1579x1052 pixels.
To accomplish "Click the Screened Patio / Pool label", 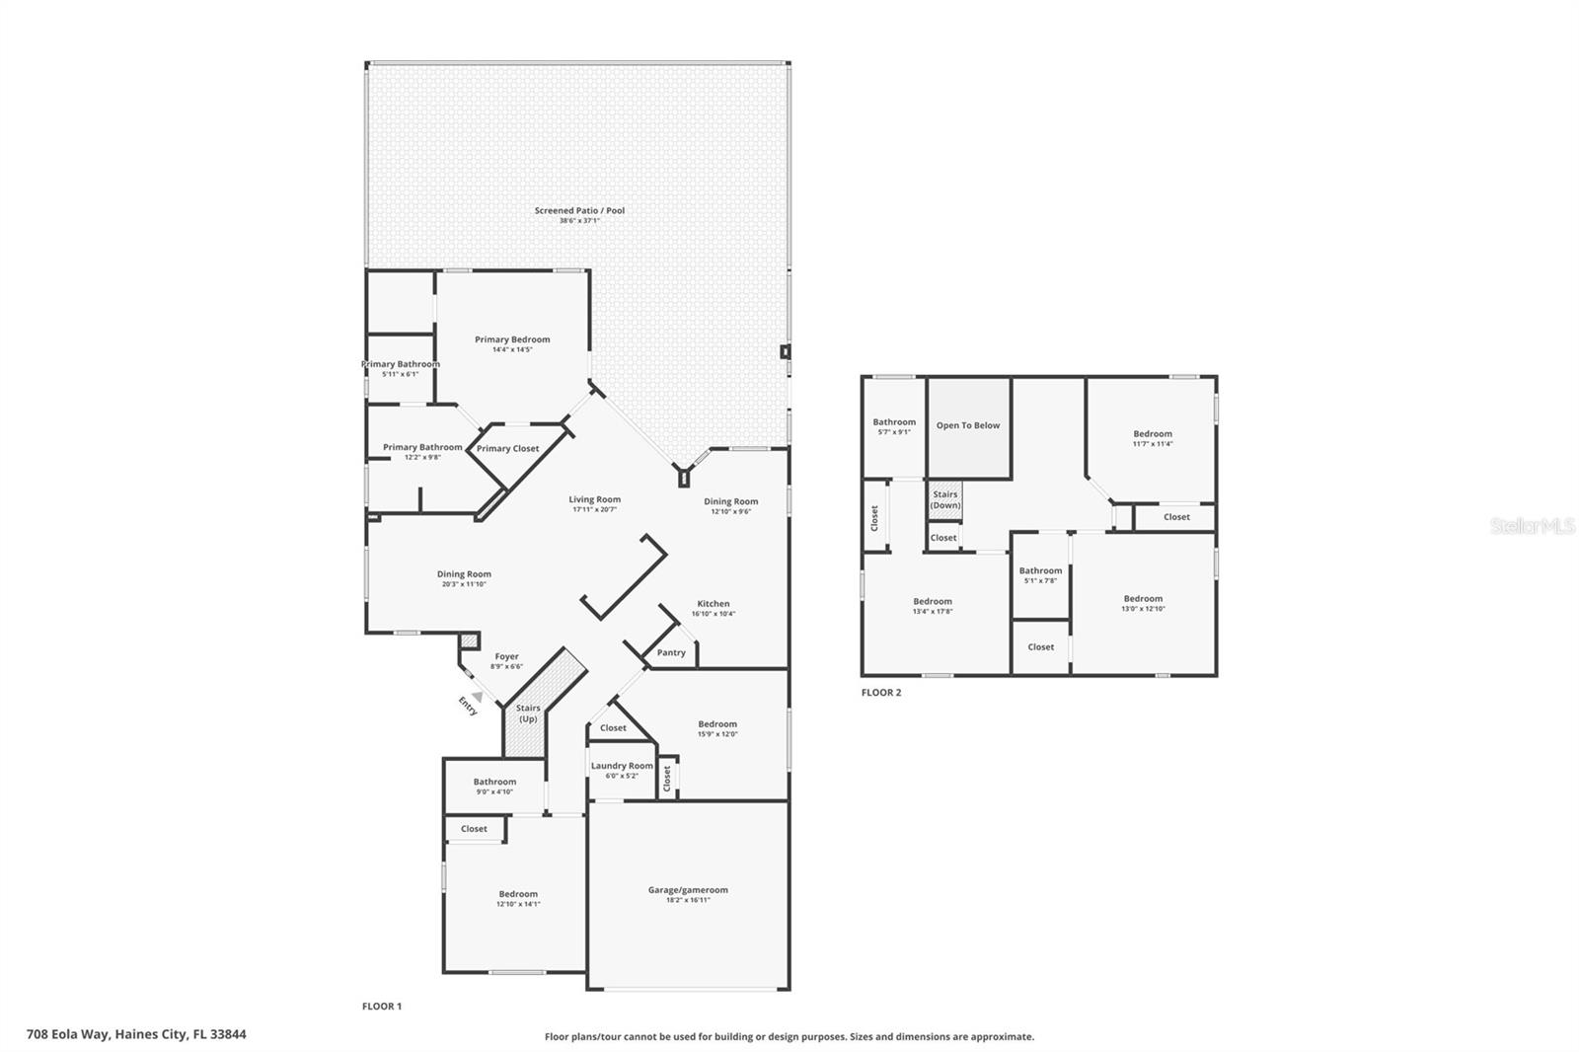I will click(579, 210).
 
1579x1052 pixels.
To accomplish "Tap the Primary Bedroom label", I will click(512, 339).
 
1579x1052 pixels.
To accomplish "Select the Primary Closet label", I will click(507, 448).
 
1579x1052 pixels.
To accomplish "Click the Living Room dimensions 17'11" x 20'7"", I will click(594, 509).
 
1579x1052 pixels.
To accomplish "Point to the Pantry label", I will click(671, 652).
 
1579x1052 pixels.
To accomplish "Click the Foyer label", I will click(506, 656).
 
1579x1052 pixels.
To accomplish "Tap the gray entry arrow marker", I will click(477, 697).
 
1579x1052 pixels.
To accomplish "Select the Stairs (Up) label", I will click(528, 713).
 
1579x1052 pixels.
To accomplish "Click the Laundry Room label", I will click(622, 766).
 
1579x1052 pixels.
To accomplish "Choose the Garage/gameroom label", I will click(688, 890).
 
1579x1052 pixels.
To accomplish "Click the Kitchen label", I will click(714, 604).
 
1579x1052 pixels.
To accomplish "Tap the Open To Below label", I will click(968, 425).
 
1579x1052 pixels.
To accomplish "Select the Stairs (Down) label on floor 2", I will click(945, 499).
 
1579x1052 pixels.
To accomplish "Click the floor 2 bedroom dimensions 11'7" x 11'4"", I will click(1153, 444).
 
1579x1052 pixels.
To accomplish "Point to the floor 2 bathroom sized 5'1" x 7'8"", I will click(1040, 570).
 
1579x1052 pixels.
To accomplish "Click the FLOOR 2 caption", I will click(881, 693).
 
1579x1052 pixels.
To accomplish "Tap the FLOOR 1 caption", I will click(382, 1007).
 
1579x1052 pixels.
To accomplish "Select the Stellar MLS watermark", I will click(1533, 526).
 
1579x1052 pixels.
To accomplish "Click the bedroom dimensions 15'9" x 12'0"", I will click(717, 734).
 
